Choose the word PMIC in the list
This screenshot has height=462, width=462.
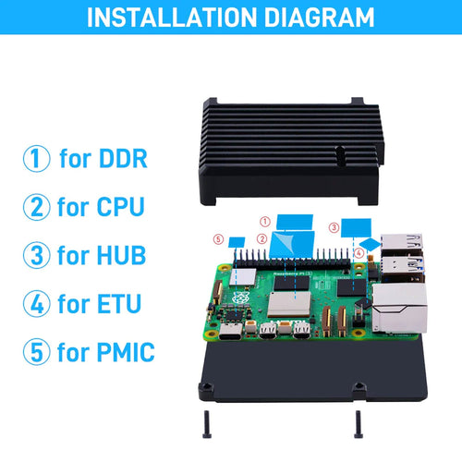pos(122,351)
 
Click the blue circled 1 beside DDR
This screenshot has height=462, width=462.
pos(37,158)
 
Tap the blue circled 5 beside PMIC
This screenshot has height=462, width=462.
pos(37,351)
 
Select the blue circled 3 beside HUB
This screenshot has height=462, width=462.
pos(37,254)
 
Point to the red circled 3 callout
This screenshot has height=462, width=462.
pos(333,225)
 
